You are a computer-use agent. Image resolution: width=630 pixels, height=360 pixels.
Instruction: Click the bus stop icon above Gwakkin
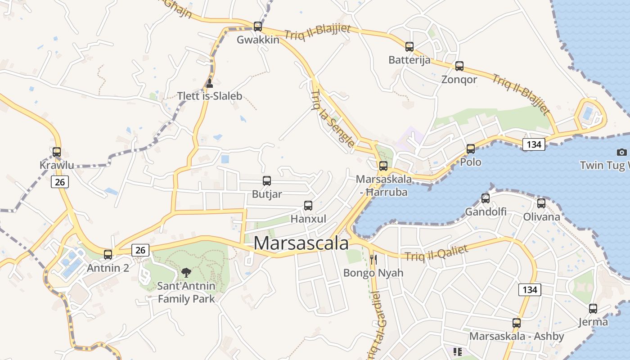click(x=258, y=26)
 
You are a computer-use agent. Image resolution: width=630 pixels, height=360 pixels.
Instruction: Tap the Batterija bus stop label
click(x=409, y=60)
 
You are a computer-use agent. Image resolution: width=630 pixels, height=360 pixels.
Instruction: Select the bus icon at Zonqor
click(x=459, y=66)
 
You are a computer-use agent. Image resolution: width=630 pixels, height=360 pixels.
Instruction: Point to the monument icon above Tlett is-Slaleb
click(x=209, y=83)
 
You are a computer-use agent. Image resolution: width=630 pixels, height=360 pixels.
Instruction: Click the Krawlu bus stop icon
click(x=57, y=152)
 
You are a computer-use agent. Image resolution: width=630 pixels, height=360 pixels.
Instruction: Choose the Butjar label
click(x=267, y=194)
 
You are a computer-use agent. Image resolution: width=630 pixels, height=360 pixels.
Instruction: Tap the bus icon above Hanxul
click(x=308, y=205)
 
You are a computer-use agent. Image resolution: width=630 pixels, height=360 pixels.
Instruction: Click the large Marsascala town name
click(x=301, y=243)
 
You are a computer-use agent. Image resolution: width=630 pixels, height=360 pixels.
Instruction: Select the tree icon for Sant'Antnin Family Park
click(x=186, y=272)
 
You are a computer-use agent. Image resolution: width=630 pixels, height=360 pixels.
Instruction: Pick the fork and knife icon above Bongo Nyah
click(x=373, y=259)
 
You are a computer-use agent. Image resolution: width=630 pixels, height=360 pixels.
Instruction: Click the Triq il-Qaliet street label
click(x=436, y=253)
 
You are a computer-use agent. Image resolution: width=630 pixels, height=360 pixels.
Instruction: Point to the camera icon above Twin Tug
click(x=622, y=152)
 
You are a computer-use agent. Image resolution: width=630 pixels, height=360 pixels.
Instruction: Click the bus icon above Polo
click(x=471, y=148)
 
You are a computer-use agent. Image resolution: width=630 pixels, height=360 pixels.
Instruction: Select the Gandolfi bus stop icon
click(x=486, y=198)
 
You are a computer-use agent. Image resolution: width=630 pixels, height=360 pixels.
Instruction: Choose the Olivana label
click(x=541, y=217)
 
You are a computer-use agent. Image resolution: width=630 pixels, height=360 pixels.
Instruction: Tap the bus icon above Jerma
click(x=593, y=308)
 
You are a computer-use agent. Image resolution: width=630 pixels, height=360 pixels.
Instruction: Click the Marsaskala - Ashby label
click(x=516, y=336)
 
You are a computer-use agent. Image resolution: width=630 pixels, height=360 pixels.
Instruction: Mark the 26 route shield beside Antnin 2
click(x=140, y=250)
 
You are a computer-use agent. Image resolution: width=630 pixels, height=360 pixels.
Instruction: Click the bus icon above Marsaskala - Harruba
click(x=383, y=166)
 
